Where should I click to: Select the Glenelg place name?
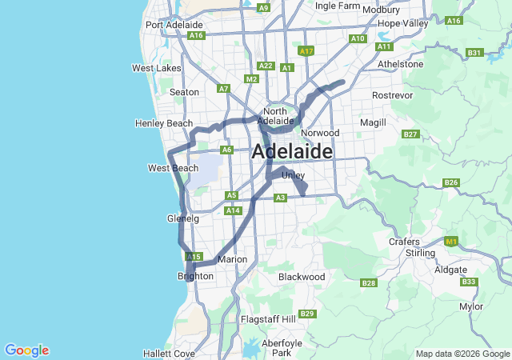click(x=182, y=218)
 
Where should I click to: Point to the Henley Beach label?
click(x=164, y=123)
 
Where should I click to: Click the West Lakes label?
click(x=156, y=68)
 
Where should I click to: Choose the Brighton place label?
click(x=195, y=276)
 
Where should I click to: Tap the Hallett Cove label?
click(x=169, y=353)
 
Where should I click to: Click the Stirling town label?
click(x=420, y=253)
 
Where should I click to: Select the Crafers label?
click(x=404, y=242)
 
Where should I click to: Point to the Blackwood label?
click(x=302, y=277)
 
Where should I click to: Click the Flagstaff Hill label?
click(x=268, y=319)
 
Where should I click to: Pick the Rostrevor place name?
click(x=391, y=95)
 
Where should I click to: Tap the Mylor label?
click(x=471, y=306)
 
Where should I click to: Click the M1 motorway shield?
click(x=452, y=241)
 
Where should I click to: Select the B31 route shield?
click(x=474, y=53)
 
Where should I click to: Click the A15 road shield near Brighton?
click(x=193, y=257)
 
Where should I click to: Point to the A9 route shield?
click(x=263, y=7)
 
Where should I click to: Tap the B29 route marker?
click(x=306, y=313)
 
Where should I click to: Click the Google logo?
click(x=26, y=350)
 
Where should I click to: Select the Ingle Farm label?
click(x=337, y=6)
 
